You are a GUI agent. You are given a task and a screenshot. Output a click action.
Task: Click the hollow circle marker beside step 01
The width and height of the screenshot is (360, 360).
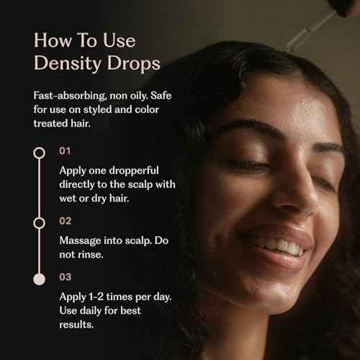[40, 153]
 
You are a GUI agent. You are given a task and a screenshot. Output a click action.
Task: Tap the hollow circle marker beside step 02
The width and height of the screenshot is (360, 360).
[40, 222]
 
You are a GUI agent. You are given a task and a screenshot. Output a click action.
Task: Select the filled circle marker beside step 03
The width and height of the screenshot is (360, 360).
[40, 278]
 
